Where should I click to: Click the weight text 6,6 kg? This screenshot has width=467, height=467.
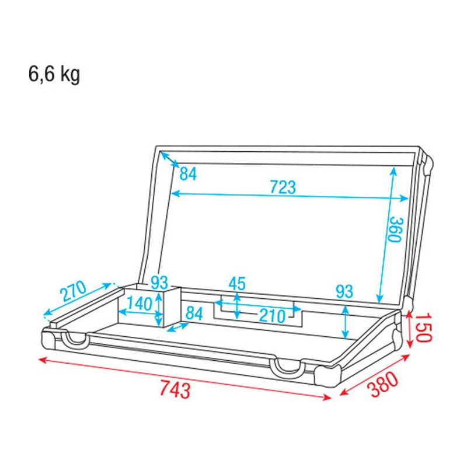pyautogui.click(x=54, y=75)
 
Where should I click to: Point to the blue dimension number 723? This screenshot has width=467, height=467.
pyautogui.click(x=283, y=188)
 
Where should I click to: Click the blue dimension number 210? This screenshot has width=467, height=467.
pyautogui.click(x=272, y=316)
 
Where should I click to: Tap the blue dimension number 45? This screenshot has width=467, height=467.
pyautogui.click(x=236, y=284)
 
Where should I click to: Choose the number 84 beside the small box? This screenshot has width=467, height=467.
pyautogui.click(x=194, y=313)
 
